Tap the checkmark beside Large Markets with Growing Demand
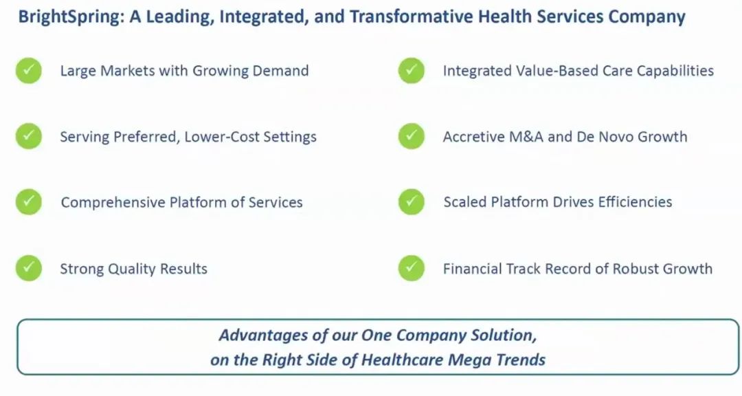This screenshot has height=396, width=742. (29, 71)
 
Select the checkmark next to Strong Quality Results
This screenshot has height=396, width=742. (29, 268)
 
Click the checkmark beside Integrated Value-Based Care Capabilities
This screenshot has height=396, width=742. (412, 71)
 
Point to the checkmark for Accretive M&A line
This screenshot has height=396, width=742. (412, 136)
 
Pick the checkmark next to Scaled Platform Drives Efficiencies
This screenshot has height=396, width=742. (412, 202)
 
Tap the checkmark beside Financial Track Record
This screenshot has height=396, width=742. (412, 268)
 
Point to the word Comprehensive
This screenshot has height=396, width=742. (113, 203)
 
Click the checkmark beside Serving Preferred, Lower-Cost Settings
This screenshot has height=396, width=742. (29, 136)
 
